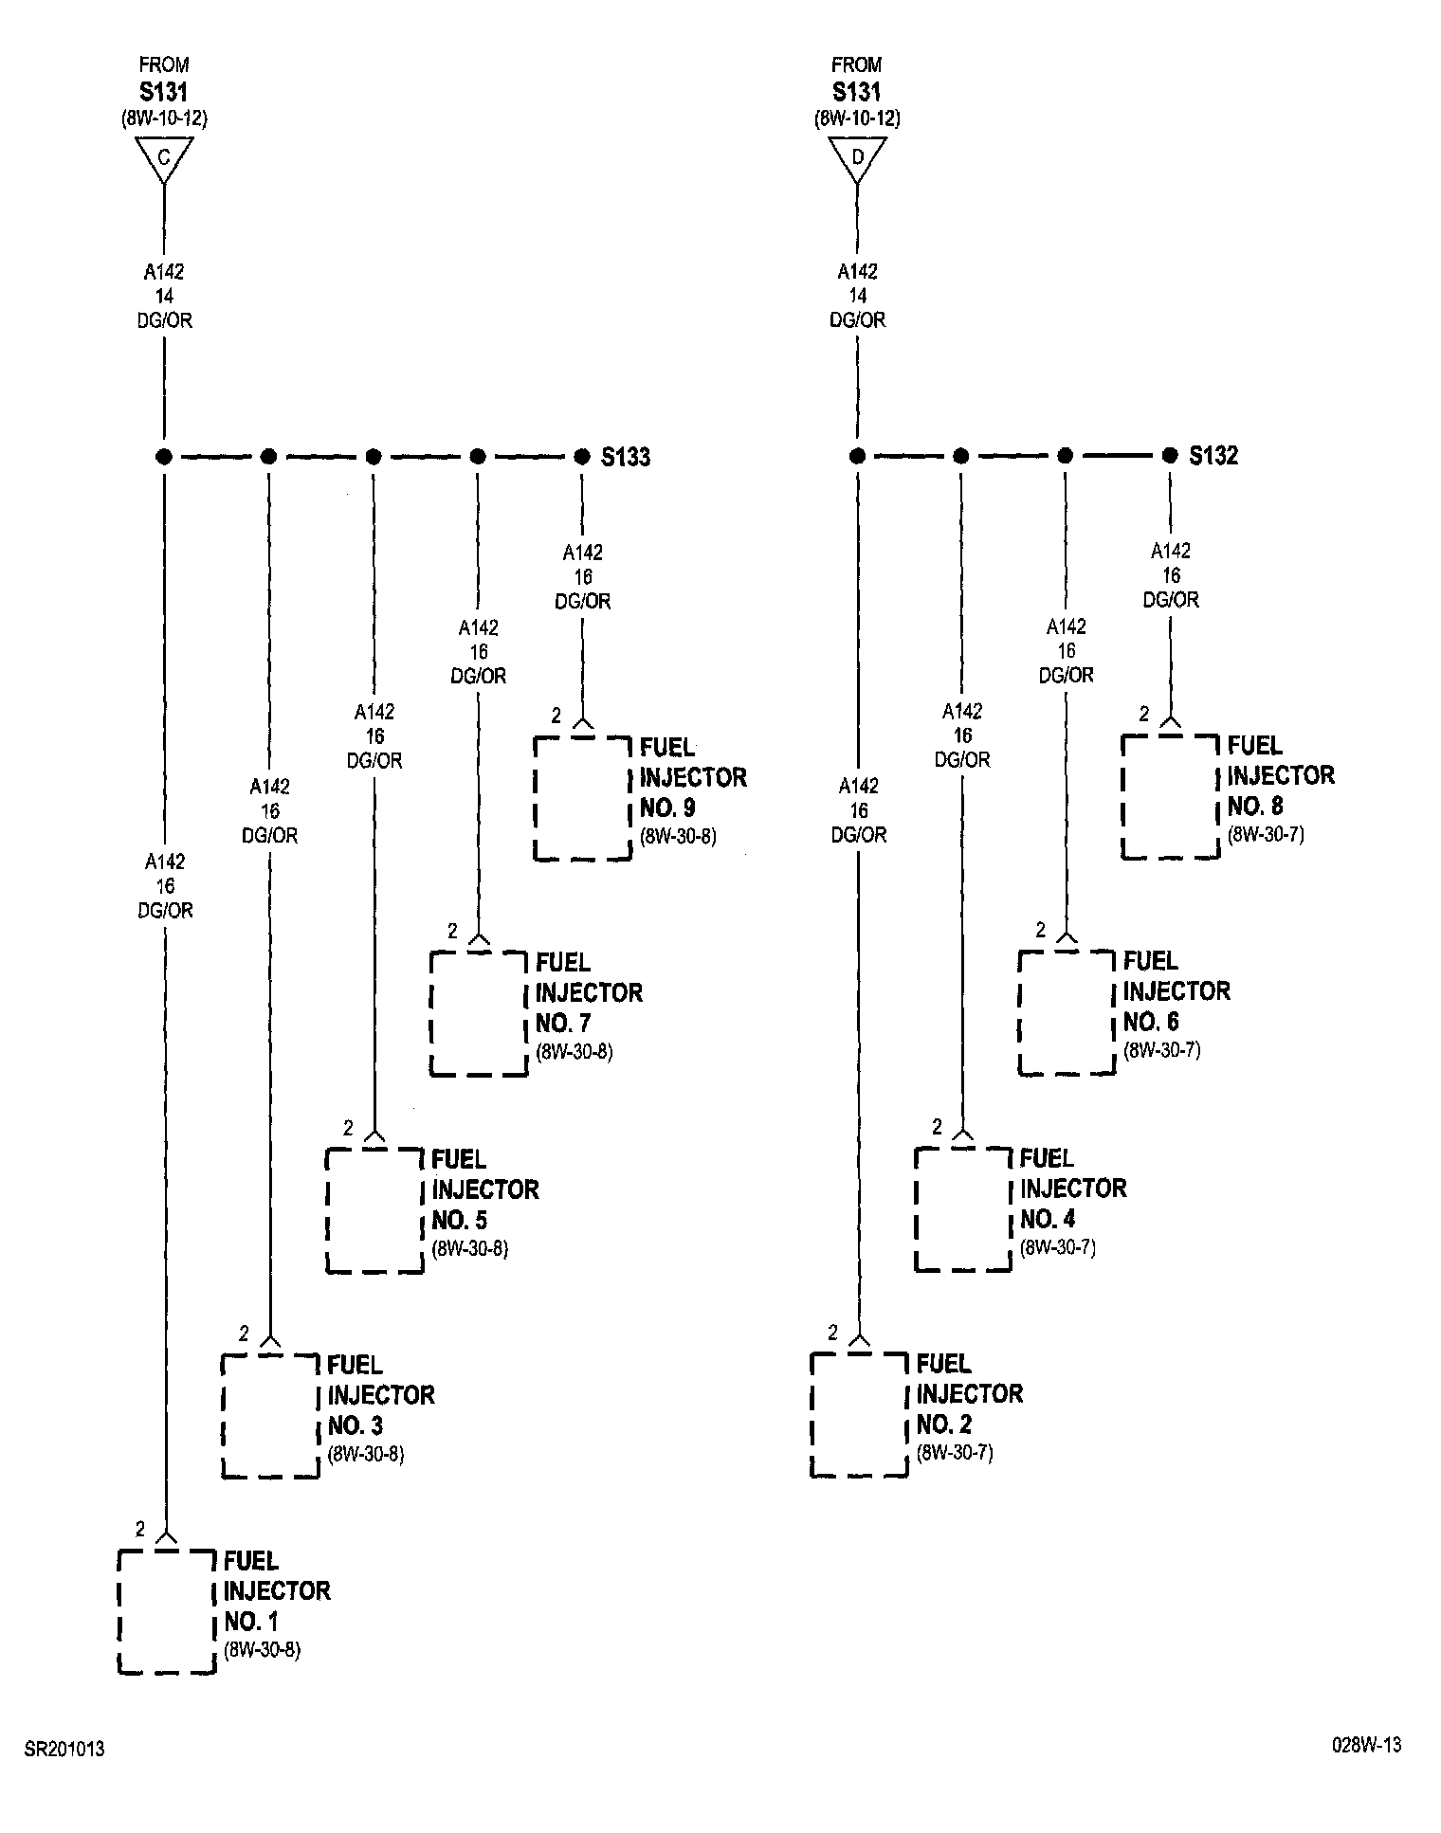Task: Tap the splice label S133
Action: pos(626,458)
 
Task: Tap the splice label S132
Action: pos(1213,456)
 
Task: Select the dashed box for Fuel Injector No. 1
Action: pos(167,1611)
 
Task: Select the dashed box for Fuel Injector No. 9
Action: pos(583,798)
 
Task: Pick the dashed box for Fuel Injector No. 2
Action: pos(859,1414)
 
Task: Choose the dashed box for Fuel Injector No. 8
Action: pos(1171,796)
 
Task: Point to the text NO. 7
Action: pos(567,1024)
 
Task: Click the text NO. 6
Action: pos(1151,1022)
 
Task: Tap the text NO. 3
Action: pos(356,1425)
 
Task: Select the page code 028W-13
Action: pos(1365,1745)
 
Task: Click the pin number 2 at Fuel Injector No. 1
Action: pos(140,1529)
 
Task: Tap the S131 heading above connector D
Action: pos(856,92)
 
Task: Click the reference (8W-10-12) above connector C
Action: pos(164,119)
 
